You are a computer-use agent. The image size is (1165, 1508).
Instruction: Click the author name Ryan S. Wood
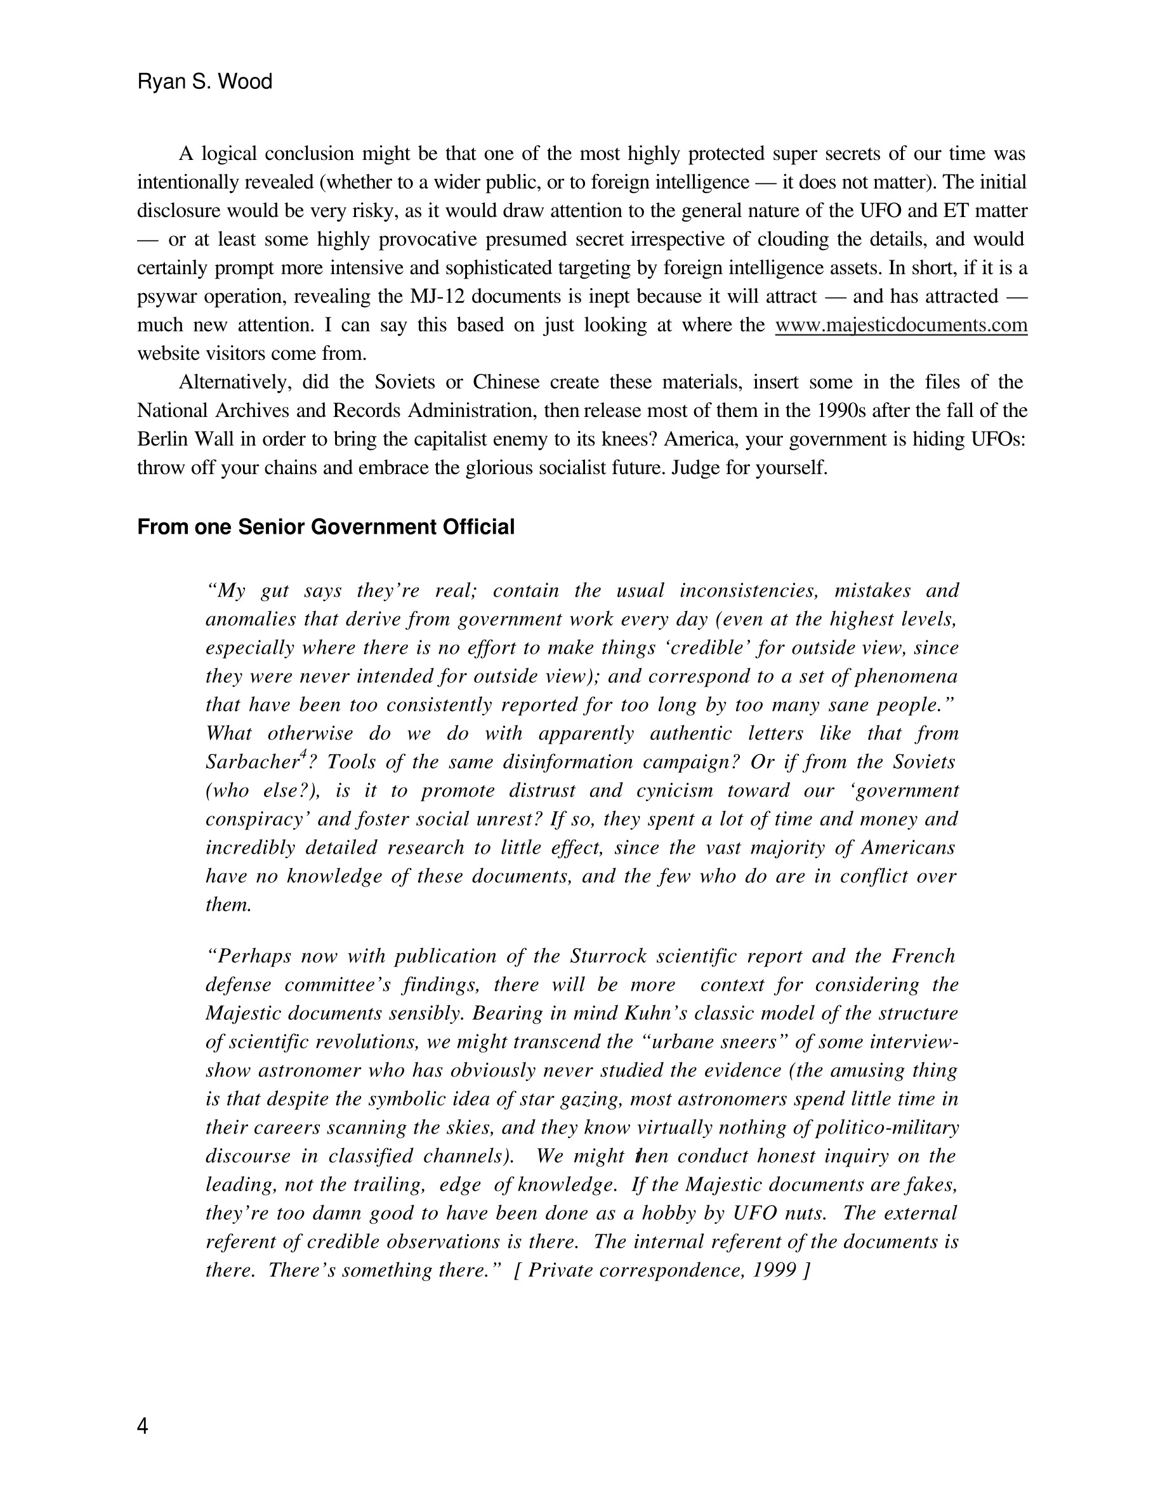205,81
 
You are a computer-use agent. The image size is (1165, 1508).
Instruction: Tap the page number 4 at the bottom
142,1426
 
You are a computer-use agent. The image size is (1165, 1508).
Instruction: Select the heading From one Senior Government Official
326,527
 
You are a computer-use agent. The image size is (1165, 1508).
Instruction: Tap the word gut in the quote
275,590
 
